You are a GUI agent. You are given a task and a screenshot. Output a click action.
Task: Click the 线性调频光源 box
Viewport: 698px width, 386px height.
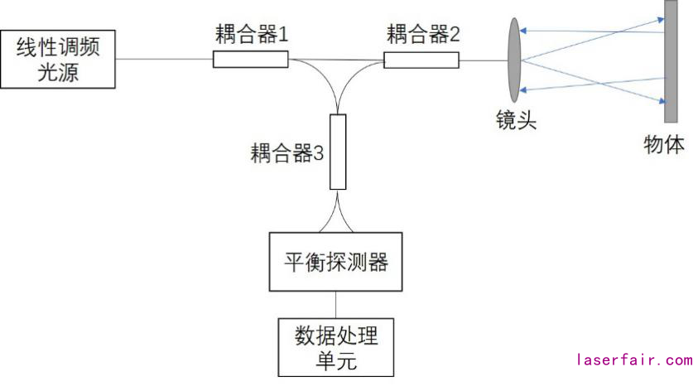point(58,59)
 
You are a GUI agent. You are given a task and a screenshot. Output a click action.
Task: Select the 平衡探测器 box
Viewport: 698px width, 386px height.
point(335,263)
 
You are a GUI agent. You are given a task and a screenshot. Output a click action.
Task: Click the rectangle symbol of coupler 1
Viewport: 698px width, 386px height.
point(250,59)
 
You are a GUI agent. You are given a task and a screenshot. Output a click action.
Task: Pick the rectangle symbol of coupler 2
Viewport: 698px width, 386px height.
point(421,60)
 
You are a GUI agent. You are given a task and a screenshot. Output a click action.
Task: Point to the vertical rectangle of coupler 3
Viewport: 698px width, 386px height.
point(337,152)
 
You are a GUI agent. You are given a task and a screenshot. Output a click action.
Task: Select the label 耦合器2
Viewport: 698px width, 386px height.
point(422,35)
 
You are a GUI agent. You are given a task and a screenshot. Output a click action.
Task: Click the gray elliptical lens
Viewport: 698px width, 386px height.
point(514,60)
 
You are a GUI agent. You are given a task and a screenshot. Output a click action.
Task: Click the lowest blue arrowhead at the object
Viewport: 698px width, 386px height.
point(662,101)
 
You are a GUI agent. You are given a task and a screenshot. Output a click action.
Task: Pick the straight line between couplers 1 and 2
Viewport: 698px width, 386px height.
point(335,60)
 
